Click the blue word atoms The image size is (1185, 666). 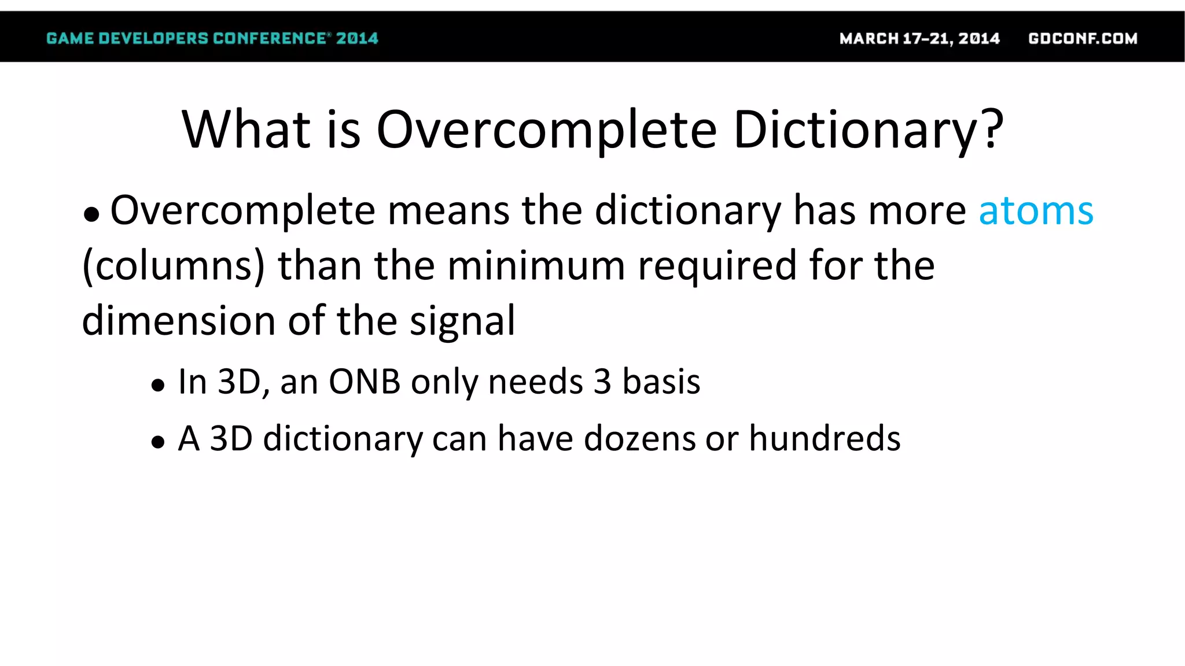click(x=1035, y=211)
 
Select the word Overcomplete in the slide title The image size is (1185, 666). click(x=546, y=130)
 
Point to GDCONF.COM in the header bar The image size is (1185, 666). click(x=1083, y=39)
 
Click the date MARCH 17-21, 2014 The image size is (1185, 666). click(x=919, y=39)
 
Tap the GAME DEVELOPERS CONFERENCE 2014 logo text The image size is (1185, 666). click(x=212, y=39)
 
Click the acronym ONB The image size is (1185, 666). click(x=365, y=382)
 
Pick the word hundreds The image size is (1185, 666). click(x=825, y=438)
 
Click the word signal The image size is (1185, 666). click(x=462, y=321)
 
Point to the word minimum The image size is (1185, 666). click(x=536, y=266)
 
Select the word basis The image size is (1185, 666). click(x=661, y=382)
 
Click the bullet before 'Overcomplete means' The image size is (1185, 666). click(x=91, y=214)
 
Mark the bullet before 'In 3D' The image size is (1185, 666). click(x=158, y=386)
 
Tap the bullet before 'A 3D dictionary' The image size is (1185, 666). click(x=158, y=442)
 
